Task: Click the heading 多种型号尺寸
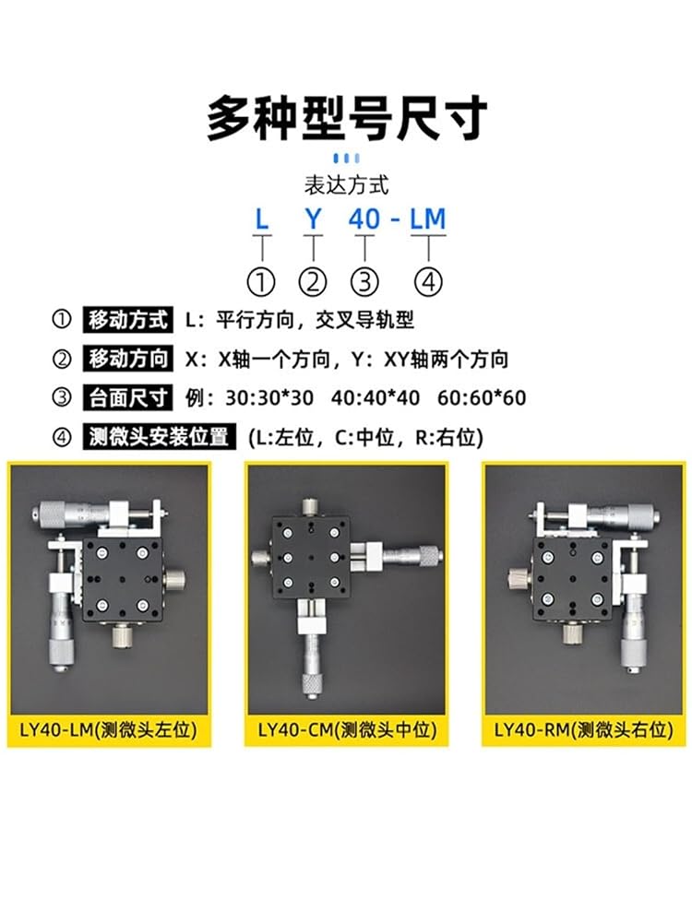coord(347,119)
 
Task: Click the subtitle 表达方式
coord(347,185)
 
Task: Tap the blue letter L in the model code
coord(262,219)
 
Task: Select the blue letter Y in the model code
coord(313,219)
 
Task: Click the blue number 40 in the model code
coord(364,219)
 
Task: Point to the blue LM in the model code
coord(428,219)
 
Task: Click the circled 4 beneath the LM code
coord(428,282)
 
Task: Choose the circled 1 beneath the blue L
coord(262,282)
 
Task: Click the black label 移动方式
coord(127,321)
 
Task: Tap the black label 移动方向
coord(127,360)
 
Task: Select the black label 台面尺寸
coord(127,398)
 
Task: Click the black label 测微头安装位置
coord(159,437)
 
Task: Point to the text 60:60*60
coord(482,398)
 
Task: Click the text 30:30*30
coord(269,398)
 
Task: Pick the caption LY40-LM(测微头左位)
coord(108,729)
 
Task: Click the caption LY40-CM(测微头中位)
coord(347,729)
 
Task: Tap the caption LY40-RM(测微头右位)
coord(584,729)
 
